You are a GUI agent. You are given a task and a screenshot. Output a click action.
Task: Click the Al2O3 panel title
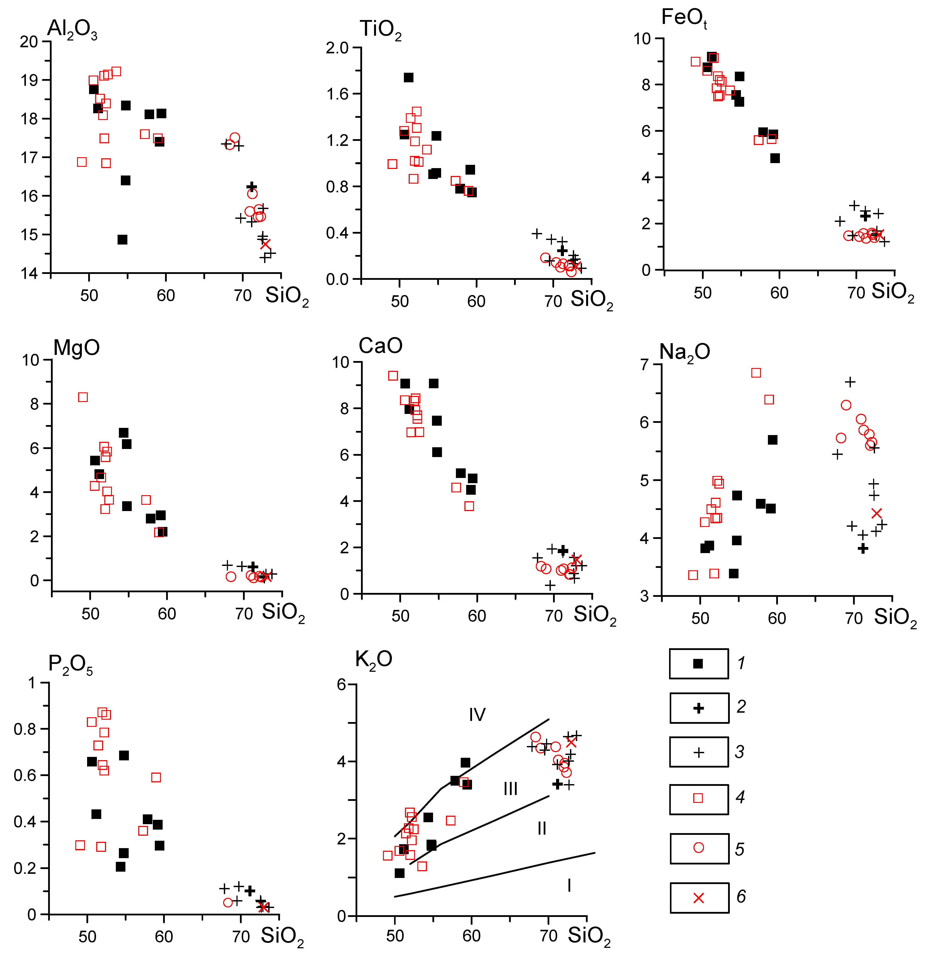pyautogui.click(x=72, y=29)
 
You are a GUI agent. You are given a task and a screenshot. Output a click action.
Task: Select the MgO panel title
pyautogui.click(x=77, y=348)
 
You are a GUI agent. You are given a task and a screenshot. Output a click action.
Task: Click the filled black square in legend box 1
pyautogui.click(x=698, y=663)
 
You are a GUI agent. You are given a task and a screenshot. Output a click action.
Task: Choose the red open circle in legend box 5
pyautogui.click(x=698, y=847)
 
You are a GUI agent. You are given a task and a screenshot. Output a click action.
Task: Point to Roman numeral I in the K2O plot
pyautogui.click(x=569, y=886)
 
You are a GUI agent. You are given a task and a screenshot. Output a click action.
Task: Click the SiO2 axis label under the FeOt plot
pyautogui.click(x=893, y=292)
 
